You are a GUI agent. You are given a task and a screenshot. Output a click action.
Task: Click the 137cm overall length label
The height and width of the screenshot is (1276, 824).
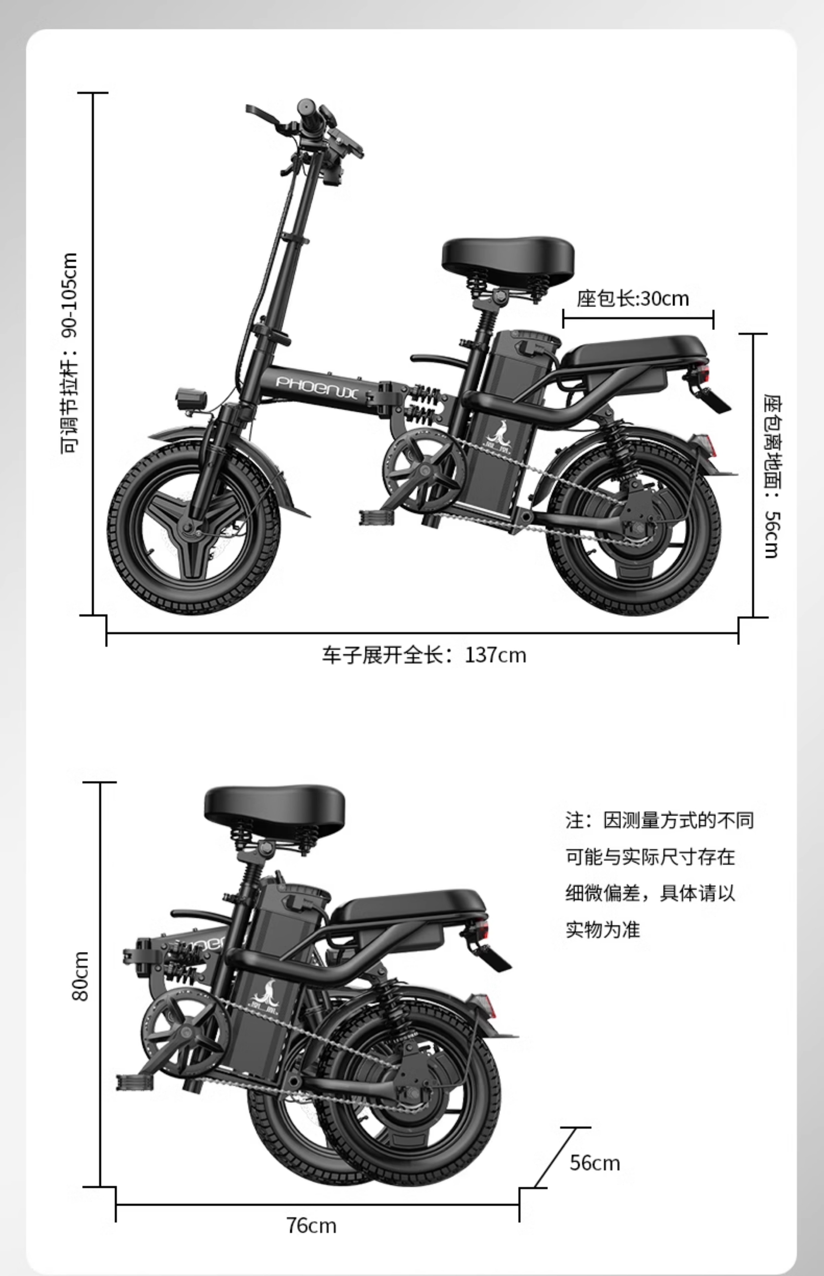(x=424, y=655)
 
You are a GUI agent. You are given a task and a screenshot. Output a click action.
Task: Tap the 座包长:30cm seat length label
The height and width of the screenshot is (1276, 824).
(x=632, y=298)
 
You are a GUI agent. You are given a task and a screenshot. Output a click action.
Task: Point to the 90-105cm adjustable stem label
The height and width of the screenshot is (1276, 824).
(x=69, y=353)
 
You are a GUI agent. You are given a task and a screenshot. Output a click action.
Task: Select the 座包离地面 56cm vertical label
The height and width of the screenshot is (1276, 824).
(x=771, y=476)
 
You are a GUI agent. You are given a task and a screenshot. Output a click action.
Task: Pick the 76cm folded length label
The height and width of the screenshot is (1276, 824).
(x=311, y=1225)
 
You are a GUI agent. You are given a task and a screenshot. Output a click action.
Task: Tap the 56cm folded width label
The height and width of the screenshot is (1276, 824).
(x=594, y=1163)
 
